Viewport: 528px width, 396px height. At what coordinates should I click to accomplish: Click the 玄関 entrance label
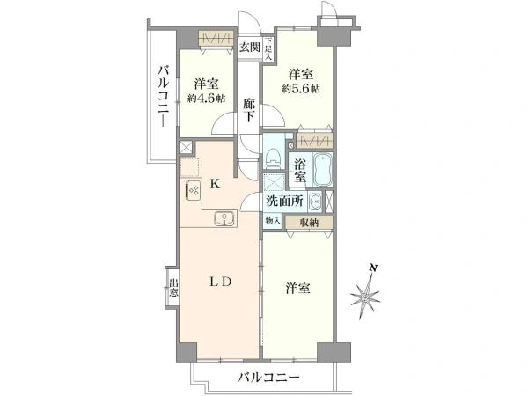pyautogui.click(x=250, y=48)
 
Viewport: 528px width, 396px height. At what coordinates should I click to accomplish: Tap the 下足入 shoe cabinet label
pyautogui.click(x=268, y=49)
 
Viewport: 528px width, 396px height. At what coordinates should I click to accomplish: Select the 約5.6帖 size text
pyautogui.click(x=301, y=89)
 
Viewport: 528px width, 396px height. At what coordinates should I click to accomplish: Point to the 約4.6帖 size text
pyautogui.click(x=207, y=99)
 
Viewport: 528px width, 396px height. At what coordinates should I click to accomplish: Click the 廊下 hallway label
pyautogui.click(x=249, y=110)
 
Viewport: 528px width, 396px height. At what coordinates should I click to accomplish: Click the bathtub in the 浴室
pyautogui.click(x=323, y=170)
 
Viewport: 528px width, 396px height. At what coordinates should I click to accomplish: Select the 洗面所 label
pyautogui.click(x=284, y=201)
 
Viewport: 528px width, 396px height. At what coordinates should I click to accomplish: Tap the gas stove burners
pyautogui.click(x=194, y=191)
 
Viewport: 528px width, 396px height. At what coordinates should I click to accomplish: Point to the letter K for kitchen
pyautogui.click(x=216, y=184)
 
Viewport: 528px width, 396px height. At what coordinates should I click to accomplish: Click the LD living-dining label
pyautogui.click(x=221, y=282)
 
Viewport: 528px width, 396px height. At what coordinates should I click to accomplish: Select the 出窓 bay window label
pyautogui.click(x=173, y=287)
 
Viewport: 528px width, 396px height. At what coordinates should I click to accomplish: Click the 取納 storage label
pyautogui.click(x=309, y=223)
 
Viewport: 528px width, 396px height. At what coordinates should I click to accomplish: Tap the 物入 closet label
pyautogui.click(x=273, y=221)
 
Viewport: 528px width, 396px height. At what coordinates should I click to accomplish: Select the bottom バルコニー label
pyautogui.click(x=268, y=378)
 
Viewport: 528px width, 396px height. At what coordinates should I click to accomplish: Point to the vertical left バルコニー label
pyautogui.click(x=164, y=96)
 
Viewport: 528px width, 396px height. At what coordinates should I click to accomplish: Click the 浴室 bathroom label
pyautogui.click(x=300, y=170)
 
